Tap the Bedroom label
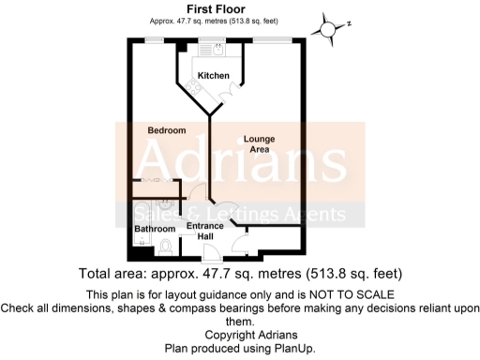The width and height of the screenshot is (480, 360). (166, 129)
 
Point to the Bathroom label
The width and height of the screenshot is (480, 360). (154, 229)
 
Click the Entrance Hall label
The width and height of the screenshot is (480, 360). (205, 232)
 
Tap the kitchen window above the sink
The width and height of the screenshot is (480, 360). (206, 39)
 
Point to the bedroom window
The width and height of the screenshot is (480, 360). (150, 39)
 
